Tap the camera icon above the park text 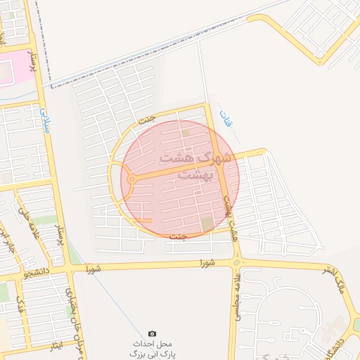pos(152,333)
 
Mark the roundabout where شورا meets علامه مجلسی pos(236,263)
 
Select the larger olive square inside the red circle pos(207,224)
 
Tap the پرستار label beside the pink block pos(30,59)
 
